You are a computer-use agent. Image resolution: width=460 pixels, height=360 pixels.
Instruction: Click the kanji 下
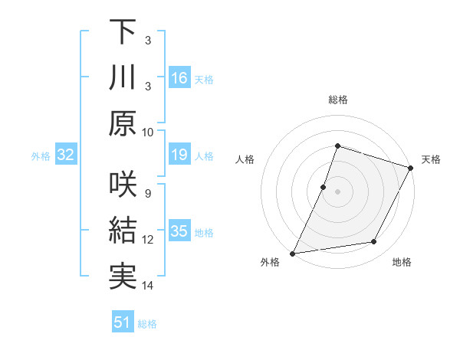[x=123, y=32]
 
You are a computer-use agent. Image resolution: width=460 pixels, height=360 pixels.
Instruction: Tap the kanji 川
[x=123, y=77]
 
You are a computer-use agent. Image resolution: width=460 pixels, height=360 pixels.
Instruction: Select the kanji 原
[x=123, y=123]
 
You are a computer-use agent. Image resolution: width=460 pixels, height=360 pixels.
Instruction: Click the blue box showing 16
[x=179, y=78]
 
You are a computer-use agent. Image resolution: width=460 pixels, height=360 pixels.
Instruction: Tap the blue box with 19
[x=179, y=155]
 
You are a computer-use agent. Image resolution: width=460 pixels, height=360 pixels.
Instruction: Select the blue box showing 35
[x=179, y=232]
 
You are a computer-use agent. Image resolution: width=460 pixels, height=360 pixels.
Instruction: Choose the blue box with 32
[x=66, y=155]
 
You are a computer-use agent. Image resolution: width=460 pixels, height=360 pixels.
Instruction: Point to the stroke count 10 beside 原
[x=148, y=131]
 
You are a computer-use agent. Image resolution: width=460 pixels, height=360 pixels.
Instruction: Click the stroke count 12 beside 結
[x=148, y=240]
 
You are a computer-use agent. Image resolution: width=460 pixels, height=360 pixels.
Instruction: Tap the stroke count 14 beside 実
[x=148, y=286]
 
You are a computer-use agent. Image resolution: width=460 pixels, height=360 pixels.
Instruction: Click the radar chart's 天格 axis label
[x=431, y=159]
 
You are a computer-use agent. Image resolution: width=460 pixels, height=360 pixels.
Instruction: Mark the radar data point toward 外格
[x=292, y=254]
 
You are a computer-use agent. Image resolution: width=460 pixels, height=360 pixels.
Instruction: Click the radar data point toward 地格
[x=374, y=242]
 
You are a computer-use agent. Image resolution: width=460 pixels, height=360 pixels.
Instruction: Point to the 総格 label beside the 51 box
[x=147, y=324]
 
